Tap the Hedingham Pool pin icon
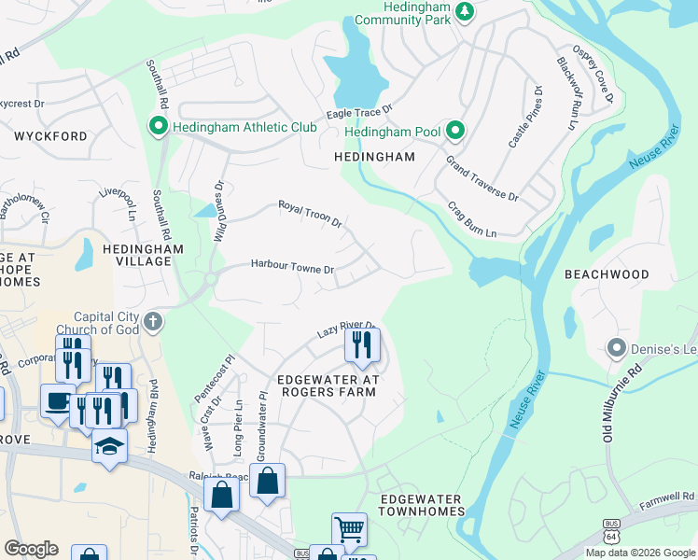click(x=455, y=131)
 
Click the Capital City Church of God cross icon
click(x=154, y=322)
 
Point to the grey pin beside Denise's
click(x=616, y=348)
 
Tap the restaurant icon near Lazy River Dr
click(x=362, y=345)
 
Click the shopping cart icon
click(x=349, y=530)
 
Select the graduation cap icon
click(x=109, y=447)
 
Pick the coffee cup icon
click(x=58, y=401)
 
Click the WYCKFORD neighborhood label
click(x=50, y=136)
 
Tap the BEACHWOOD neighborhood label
click(x=607, y=274)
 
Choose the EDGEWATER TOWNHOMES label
click(x=422, y=506)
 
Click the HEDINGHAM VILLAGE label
click(x=143, y=256)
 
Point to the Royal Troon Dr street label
click(x=311, y=214)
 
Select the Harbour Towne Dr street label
click(x=292, y=267)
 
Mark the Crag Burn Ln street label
click(x=471, y=220)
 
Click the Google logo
click(x=31, y=549)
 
